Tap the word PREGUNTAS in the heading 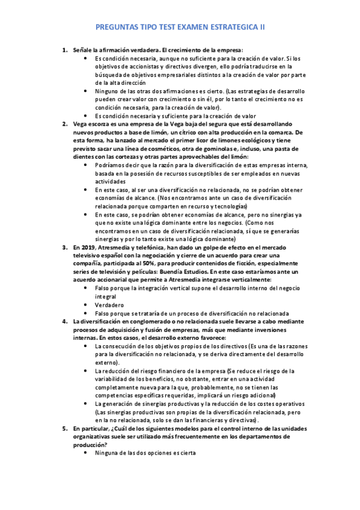pos(120,28)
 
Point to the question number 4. pos(65,321)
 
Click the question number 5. pos(65,428)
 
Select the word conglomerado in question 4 pos(141,321)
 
